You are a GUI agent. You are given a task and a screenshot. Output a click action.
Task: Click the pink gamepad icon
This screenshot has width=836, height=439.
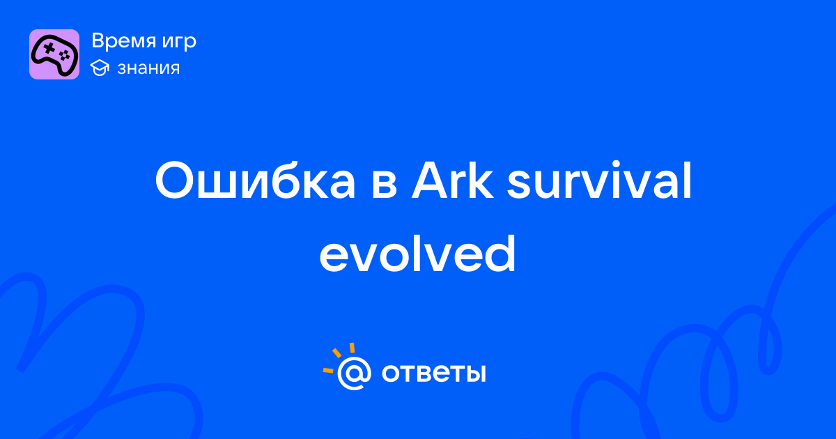(x=54, y=54)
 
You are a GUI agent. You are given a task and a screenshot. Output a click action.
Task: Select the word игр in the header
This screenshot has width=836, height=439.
(x=179, y=43)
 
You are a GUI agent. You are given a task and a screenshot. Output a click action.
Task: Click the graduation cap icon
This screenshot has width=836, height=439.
(x=100, y=68)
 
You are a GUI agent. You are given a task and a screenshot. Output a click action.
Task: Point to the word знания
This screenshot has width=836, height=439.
(x=148, y=68)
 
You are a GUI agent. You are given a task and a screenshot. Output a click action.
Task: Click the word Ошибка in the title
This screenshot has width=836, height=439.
(x=255, y=180)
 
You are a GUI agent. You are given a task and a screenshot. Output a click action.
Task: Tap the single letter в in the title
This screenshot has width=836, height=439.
(x=384, y=185)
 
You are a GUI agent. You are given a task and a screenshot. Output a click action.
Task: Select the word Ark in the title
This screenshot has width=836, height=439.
(x=452, y=180)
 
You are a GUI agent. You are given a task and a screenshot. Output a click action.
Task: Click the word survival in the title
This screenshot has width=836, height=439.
(x=599, y=180)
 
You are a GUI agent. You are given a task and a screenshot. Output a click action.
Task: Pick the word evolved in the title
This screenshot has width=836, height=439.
(x=417, y=254)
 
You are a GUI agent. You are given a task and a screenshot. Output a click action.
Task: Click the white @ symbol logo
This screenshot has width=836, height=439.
(x=354, y=373)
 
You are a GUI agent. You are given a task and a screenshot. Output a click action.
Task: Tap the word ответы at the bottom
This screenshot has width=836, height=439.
(x=433, y=373)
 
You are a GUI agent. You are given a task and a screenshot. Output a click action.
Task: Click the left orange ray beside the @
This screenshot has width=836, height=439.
(x=328, y=370)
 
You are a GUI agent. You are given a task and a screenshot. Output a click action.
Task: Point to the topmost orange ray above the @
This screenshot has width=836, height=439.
(x=352, y=348)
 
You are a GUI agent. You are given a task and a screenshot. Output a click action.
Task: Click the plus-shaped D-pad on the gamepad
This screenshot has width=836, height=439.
(x=49, y=48)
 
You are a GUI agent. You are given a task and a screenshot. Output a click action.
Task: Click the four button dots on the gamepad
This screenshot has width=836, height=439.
(x=65, y=56)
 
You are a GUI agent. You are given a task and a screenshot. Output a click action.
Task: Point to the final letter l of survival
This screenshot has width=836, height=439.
(x=688, y=180)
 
